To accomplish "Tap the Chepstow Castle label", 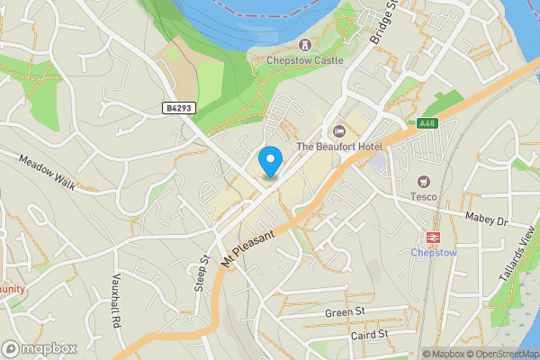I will [x=305, y=60].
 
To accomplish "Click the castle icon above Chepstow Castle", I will [x=305, y=44].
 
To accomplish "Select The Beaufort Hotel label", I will [x=339, y=147].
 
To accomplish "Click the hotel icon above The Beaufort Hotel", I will [x=339, y=131].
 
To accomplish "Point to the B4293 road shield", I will [x=179, y=108].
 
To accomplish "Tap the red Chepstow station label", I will [x=435, y=253].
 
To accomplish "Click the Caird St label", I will [x=369, y=334].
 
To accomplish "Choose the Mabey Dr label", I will [x=487, y=219].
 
